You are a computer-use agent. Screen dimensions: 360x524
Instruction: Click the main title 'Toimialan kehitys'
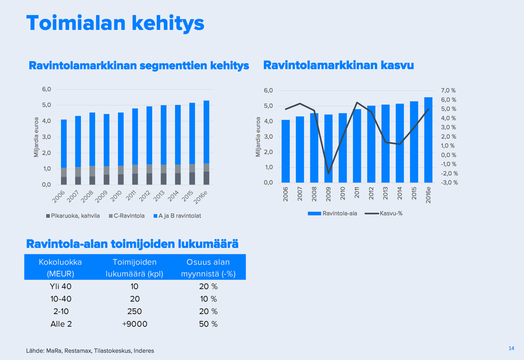pyautogui.click(x=115, y=23)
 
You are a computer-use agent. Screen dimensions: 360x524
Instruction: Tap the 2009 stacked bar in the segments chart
pyautogui.click(x=107, y=149)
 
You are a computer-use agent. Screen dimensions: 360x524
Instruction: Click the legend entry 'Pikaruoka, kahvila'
pyautogui.click(x=73, y=216)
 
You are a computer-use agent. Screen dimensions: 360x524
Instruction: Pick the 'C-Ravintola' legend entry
pyautogui.click(x=127, y=216)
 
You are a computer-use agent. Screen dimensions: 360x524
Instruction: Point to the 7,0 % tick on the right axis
pyautogui.click(x=448, y=90)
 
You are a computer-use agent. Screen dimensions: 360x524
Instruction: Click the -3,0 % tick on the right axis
pyautogui.click(x=449, y=182)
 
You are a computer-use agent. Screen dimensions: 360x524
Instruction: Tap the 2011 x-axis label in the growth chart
pyautogui.click(x=357, y=193)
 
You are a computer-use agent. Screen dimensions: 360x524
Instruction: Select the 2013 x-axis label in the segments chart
pyautogui.click(x=159, y=196)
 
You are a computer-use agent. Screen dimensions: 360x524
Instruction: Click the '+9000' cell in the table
pyautogui.click(x=135, y=324)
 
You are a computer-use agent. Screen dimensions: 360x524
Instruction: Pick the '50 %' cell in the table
pyautogui.click(x=208, y=324)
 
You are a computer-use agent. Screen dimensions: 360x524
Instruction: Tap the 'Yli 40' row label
pyautogui.click(x=61, y=286)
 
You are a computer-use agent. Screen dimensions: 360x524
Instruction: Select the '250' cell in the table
pyautogui.click(x=135, y=311)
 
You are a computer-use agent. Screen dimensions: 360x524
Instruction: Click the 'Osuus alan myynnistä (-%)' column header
pyautogui.click(x=208, y=268)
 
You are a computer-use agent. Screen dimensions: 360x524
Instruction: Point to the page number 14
pyautogui.click(x=511, y=348)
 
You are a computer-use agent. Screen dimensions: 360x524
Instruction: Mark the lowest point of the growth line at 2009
pyautogui.click(x=328, y=174)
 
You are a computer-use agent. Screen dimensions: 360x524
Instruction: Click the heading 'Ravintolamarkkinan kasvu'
pyautogui.click(x=338, y=65)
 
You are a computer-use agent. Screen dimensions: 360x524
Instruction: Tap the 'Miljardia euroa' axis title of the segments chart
pyautogui.click(x=37, y=137)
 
